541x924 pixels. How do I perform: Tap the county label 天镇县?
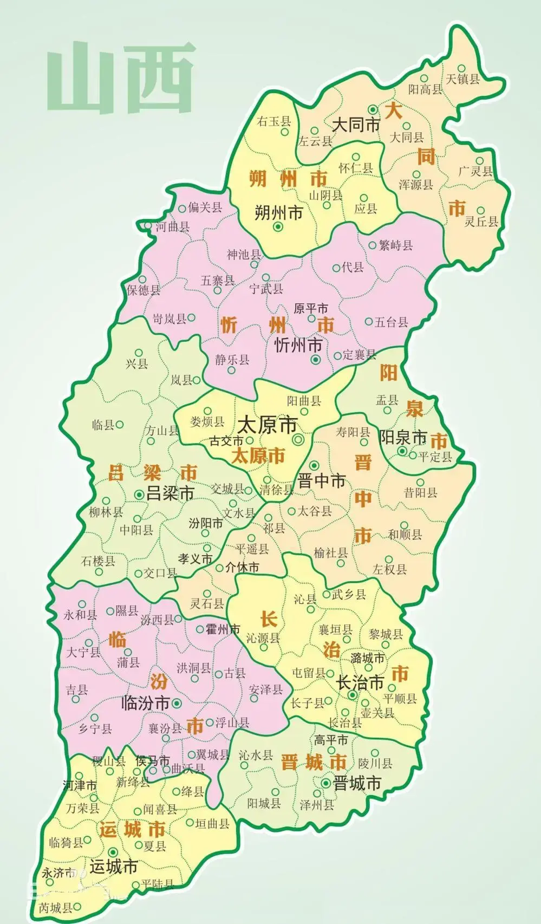pos(463,79)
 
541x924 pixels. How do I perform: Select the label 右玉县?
pos(274,121)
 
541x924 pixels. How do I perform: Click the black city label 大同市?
pos(356,125)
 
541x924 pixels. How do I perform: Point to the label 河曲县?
pos(173,227)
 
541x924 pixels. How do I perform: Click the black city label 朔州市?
pos(278,213)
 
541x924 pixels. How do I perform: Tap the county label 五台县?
pos(391,323)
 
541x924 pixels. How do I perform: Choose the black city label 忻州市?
pos(298,345)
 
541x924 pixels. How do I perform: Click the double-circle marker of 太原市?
pos(298,440)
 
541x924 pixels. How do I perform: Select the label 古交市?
pos(226,441)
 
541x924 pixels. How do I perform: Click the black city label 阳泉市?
pos(403,437)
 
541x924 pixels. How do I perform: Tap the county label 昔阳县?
pos(420,492)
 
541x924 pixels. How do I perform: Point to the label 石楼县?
pos(98,561)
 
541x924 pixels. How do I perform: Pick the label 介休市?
pos(242,568)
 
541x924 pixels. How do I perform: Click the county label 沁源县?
pos(263,639)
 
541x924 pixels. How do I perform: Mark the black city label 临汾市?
pos(146,704)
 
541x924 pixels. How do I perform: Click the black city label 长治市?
pos(360,683)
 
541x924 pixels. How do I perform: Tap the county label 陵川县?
pos(375,764)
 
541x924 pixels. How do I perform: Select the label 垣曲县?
pos(212,824)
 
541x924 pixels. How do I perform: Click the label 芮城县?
pos(55,908)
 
